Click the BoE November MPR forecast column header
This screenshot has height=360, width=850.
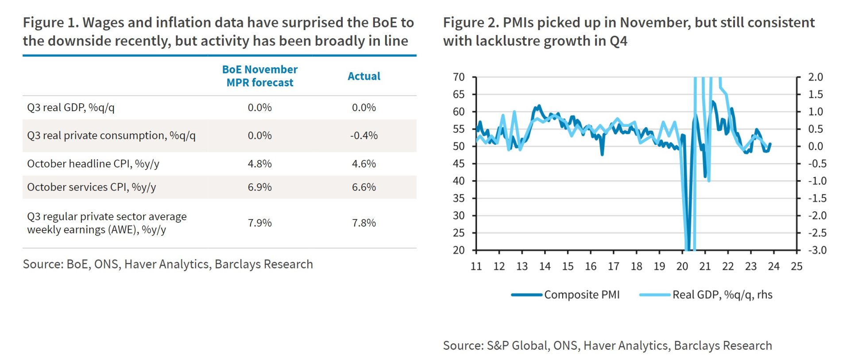[x=259, y=76]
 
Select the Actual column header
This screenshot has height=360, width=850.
[x=363, y=76]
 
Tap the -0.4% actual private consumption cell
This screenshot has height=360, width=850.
[x=363, y=135]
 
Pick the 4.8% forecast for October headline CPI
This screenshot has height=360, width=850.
[x=259, y=164]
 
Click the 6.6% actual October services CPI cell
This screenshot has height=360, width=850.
[x=363, y=187]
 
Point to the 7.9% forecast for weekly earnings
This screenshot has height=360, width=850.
[x=259, y=223]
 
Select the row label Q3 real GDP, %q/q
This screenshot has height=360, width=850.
[x=71, y=108]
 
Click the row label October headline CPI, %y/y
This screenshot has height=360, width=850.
[x=93, y=164]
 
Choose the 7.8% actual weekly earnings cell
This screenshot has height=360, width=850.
[x=363, y=223]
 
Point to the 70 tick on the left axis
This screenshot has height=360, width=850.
[x=459, y=77]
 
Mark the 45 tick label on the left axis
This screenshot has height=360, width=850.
[x=459, y=164]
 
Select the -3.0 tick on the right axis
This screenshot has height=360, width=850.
[x=817, y=250]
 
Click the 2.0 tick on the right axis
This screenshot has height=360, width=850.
[x=815, y=77]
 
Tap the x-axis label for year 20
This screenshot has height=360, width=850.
[x=682, y=266]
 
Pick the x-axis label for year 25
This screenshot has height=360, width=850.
[x=796, y=266]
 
